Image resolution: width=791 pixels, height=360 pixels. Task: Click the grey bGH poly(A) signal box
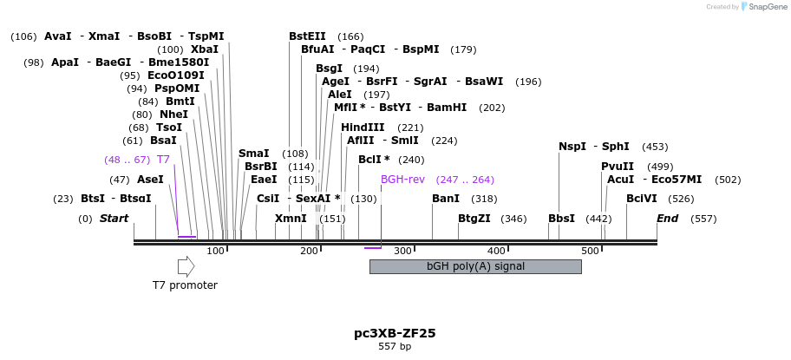pyautogui.click(x=474, y=266)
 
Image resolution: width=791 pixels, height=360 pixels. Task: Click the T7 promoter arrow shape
pyautogui.click(x=186, y=266)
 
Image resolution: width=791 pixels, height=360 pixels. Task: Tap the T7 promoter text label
pyautogui.click(x=185, y=285)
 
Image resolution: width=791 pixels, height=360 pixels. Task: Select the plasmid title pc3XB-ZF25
pyautogui.click(x=395, y=332)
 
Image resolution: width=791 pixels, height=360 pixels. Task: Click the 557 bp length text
pyautogui.click(x=395, y=346)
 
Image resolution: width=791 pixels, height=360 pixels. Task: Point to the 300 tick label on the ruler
pyautogui.click(x=402, y=252)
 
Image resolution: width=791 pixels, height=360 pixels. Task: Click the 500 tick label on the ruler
pyautogui.click(x=591, y=252)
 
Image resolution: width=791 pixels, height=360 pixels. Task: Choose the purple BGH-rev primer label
pyautogui.click(x=403, y=180)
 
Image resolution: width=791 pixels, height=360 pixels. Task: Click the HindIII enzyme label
pyautogui.click(x=363, y=128)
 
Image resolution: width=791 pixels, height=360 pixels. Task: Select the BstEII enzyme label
pyautogui.click(x=307, y=36)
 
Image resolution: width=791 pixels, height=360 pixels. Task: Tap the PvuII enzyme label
pyautogui.click(x=618, y=167)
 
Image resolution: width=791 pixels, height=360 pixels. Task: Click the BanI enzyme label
pyautogui.click(x=446, y=199)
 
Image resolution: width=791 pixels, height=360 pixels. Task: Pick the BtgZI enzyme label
pyautogui.click(x=474, y=219)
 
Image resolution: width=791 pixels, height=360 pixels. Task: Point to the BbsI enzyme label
pyautogui.click(x=561, y=219)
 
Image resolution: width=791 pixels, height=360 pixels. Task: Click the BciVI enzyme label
pyautogui.click(x=642, y=199)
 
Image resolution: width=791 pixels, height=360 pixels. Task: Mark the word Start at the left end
pyautogui.click(x=114, y=219)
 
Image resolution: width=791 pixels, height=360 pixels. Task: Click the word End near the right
pyautogui.click(x=667, y=219)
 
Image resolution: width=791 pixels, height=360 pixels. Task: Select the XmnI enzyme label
pyautogui.click(x=291, y=219)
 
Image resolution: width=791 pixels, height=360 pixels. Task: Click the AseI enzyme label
pyautogui.click(x=150, y=180)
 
